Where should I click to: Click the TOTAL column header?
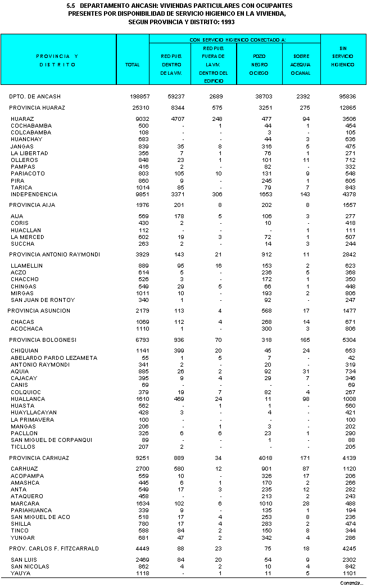click(x=132, y=65)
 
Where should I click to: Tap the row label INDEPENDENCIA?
click(x=34, y=194)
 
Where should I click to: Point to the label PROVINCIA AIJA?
click(x=32, y=205)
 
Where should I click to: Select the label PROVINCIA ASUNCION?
click(x=39, y=310)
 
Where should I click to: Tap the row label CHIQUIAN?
click(x=25, y=351)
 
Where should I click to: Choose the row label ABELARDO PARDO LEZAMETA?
click(x=54, y=358)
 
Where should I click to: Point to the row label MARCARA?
click(x=24, y=503)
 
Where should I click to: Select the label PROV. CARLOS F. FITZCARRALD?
click(x=54, y=548)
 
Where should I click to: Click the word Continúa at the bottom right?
click(x=351, y=583)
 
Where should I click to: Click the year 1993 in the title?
click(x=227, y=21)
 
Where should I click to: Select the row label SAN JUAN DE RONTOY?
click(x=43, y=300)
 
